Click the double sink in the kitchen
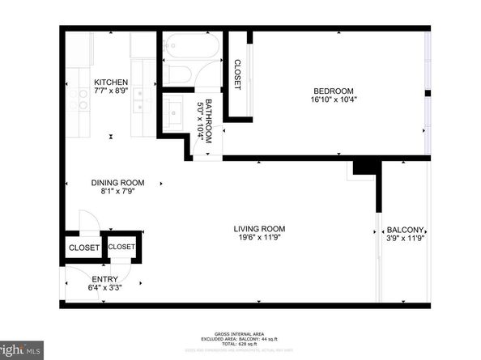pyautogui.click(x=138, y=100)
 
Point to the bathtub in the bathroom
pyautogui.click(x=193, y=47)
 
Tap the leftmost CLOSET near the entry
pyautogui.click(x=84, y=248)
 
